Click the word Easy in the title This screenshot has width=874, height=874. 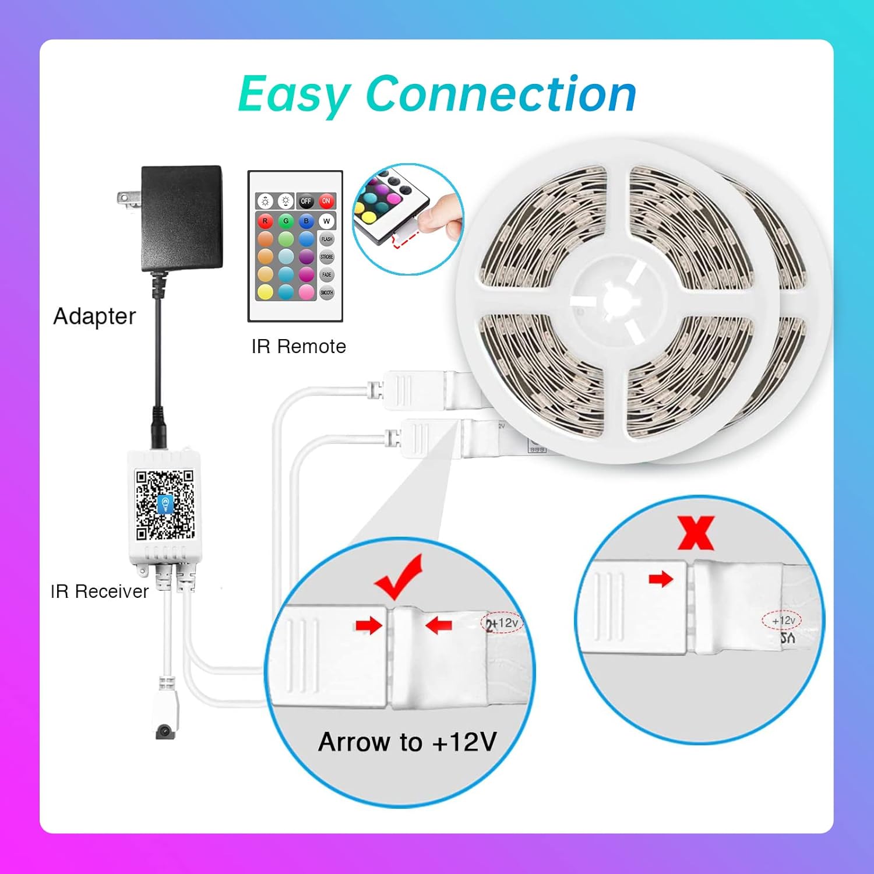point(294,94)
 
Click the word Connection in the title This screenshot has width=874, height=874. point(501,94)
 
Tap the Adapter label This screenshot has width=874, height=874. point(94,316)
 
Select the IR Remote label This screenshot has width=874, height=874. point(298,346)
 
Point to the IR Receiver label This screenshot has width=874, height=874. point(99,591)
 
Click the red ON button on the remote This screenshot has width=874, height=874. point(326,201)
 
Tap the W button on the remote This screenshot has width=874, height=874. point(326,221)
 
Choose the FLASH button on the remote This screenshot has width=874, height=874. point(326,239)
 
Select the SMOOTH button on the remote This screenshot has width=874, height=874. point(326,292)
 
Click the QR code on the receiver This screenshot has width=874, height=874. point(165,505)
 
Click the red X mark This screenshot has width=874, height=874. point(696,533)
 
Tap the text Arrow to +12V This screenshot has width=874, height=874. point(407,742)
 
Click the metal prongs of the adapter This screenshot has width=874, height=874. point(129,198)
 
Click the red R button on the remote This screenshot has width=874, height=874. point(265,221)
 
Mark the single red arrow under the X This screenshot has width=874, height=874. point(661,579)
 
